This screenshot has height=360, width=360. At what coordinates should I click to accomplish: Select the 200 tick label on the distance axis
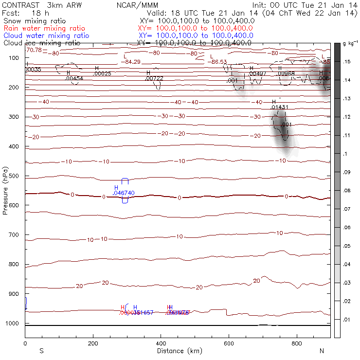pos(92,343)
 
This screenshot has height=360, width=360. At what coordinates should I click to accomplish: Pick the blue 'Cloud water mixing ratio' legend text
pos(46,36)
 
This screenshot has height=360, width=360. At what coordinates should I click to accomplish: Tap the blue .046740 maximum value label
pos(123,193)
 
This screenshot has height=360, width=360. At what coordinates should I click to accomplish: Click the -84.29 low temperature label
pos(133,62)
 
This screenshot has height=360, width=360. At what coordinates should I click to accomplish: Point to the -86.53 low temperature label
pos(218,62)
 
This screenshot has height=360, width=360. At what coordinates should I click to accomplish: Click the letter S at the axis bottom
pos(41,351)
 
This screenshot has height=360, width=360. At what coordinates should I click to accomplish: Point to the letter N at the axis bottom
pos(322,351)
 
